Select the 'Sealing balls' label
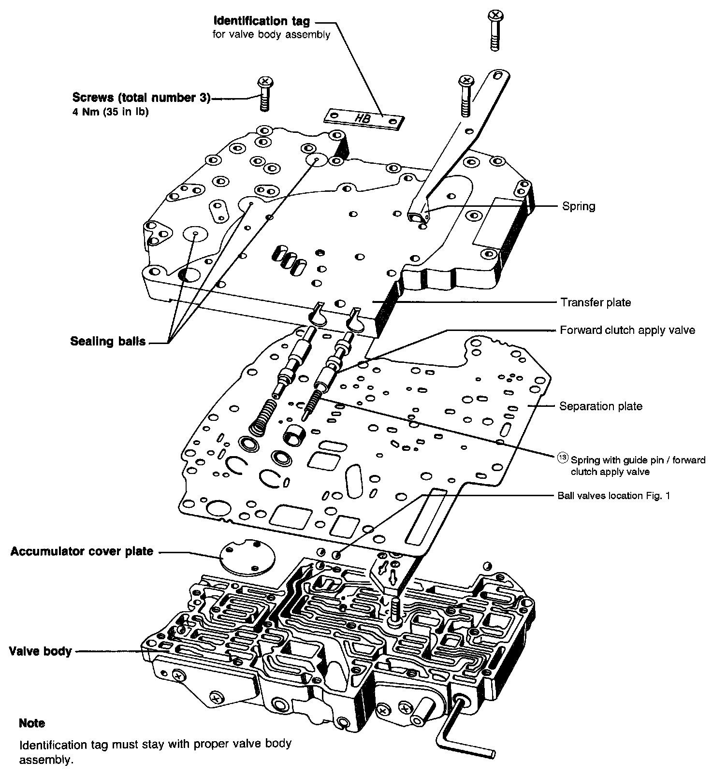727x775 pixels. [108, 341]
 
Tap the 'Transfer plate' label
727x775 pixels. [596, 302]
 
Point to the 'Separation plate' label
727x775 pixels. [600, 406]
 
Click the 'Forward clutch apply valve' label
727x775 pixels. [627, 330]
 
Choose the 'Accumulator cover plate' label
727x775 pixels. [82, 551]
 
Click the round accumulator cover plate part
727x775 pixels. [246, 557]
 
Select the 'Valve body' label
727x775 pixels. [40, 651]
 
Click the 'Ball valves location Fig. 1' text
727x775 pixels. [613, 496]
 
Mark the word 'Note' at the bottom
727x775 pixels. [32, 723]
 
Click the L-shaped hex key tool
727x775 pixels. [464, 732]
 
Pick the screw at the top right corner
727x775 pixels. [494, 29]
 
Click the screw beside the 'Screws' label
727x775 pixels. [264, 93]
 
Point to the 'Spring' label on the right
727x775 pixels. [578, 206]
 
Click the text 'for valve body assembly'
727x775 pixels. [271, 35]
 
